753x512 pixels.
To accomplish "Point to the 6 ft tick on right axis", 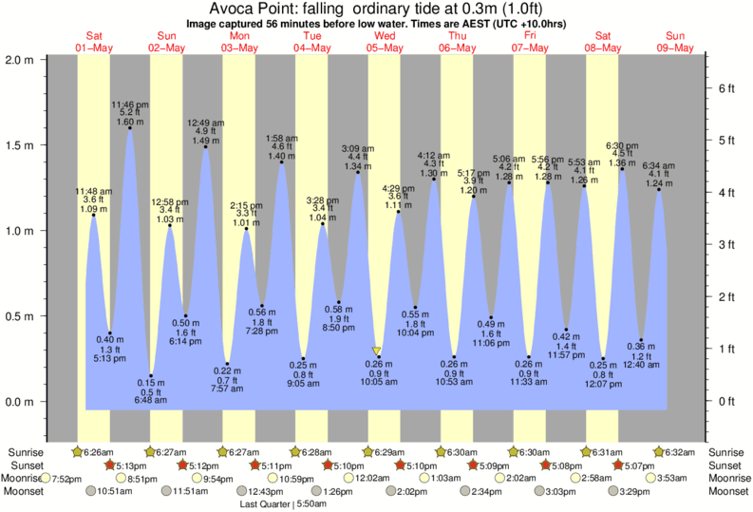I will [x=727, y=87].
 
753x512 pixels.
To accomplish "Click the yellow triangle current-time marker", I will [x=377, y=351].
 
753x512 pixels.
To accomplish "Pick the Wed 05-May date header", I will [x=386, y=41].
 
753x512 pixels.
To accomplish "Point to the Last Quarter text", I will [x=267, y=503].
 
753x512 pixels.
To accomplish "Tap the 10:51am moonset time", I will [x=115, y=491].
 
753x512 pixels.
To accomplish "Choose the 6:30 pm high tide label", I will [x=622, y=144].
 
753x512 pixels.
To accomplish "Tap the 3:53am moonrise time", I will [x=677, y=478].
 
